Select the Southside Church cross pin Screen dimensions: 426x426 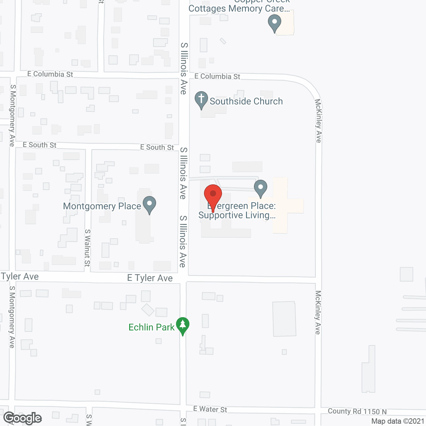click(x=201, y=100)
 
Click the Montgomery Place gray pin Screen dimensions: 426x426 click(x=149, y=204)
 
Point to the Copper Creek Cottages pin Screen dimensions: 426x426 click(x=275, y=23)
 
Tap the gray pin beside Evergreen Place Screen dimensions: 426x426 click(x=261, y=188)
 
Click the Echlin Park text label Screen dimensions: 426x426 click(x=151, y=327)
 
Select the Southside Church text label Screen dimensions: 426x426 click(x=246, y=101)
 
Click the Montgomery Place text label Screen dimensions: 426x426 click(x=102, y=206)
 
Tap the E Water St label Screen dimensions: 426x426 click(x=210, y=409)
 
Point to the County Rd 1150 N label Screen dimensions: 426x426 click(x=357, y=411)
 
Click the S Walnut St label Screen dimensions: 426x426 click(x=87, y=248)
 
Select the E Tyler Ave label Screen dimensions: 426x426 click(x=150, y=278)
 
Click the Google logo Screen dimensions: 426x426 click(x=23, y=418)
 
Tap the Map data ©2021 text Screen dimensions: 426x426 click(x=398, y=421)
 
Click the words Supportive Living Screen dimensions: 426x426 click(x=237, y=215)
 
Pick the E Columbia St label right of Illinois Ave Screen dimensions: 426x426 click(x=217, y=76)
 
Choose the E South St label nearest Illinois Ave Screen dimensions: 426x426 click(x=157, y=147)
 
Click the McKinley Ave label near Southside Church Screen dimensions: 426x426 click(x=318, y=120)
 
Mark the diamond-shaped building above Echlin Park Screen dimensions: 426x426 click(x=148, y=310)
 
